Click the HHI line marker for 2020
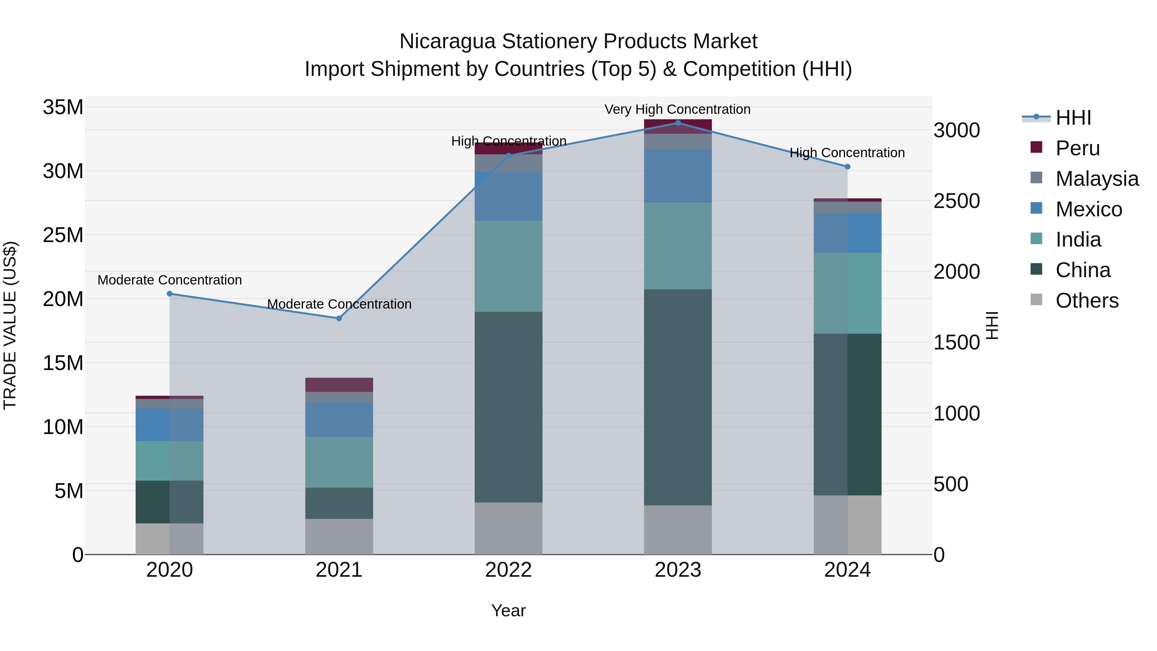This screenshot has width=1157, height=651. pos(170,294)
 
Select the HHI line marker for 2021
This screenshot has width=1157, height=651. pos(339,318)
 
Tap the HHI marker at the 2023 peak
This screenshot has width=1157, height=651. pos(678,123)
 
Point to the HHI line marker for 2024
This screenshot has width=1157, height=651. pos(848,167)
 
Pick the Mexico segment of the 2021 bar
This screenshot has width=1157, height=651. pos(339,420)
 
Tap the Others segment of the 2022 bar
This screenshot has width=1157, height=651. pos(508,528)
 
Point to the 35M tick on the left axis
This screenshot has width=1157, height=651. pos(63,107)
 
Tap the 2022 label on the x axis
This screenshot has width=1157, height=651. pos(508,570)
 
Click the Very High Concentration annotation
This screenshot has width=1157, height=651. pos(677,109)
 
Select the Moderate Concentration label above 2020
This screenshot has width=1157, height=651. pos(170,280)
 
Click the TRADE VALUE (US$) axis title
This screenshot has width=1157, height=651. pos(10,325)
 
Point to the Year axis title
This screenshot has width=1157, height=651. pos(508,610)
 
